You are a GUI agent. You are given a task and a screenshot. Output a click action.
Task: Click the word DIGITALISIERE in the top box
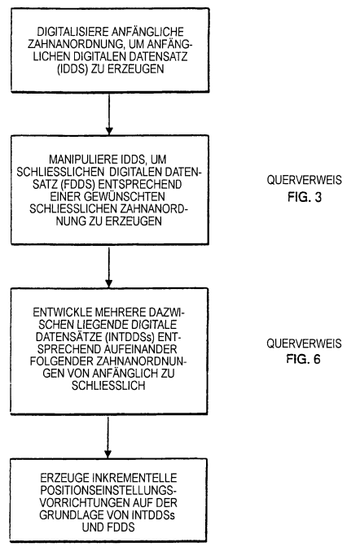click(72, 32)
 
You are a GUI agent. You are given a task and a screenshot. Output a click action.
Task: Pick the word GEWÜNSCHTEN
click(125, 196)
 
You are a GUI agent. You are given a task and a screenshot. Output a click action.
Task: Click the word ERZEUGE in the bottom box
click(64, 478)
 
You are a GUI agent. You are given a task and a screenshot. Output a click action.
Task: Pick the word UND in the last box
click(91, 527)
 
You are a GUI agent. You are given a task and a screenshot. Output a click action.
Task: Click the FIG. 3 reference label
click(305, 197)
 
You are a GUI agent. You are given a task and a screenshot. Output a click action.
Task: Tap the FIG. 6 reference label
click(304, 359)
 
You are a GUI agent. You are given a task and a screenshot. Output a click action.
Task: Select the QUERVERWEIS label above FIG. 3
click(305, 180)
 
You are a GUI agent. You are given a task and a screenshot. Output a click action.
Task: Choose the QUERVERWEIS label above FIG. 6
click(304, 344)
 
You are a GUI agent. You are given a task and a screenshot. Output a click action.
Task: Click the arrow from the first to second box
click(109, 114)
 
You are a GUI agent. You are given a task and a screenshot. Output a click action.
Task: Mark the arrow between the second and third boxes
click(108, 267)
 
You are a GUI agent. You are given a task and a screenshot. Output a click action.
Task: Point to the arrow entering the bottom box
click(108, 437)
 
